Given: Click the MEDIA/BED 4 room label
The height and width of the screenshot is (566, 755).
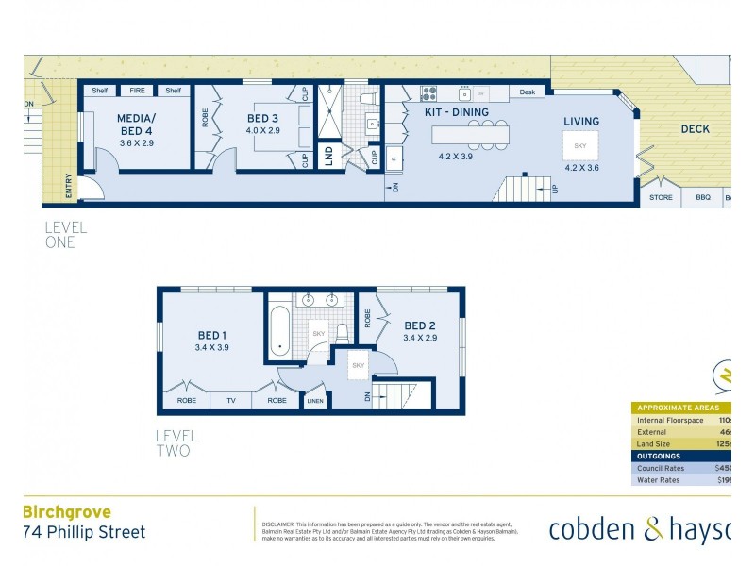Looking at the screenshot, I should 136,125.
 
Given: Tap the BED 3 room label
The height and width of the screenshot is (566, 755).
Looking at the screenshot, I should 263,118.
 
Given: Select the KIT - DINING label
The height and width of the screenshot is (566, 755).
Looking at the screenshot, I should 456,112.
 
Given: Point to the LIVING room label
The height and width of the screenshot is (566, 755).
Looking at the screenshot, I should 582,122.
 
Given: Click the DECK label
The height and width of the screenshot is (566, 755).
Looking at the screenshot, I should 695,129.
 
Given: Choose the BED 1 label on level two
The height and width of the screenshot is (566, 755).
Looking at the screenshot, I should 211,335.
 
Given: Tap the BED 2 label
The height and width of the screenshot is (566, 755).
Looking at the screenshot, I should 420,325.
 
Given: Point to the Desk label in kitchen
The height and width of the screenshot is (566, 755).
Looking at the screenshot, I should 527,92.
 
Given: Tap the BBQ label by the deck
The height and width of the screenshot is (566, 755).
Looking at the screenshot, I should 702,198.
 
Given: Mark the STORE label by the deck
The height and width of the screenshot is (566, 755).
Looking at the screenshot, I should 662,198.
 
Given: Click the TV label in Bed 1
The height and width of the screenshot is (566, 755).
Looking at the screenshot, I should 231,401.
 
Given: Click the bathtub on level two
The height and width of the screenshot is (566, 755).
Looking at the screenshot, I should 279,332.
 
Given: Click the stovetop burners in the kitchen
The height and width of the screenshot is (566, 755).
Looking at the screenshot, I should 428,93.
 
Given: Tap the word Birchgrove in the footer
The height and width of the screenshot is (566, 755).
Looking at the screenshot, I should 66,512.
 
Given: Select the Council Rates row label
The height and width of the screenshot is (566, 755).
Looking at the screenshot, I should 661,467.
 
